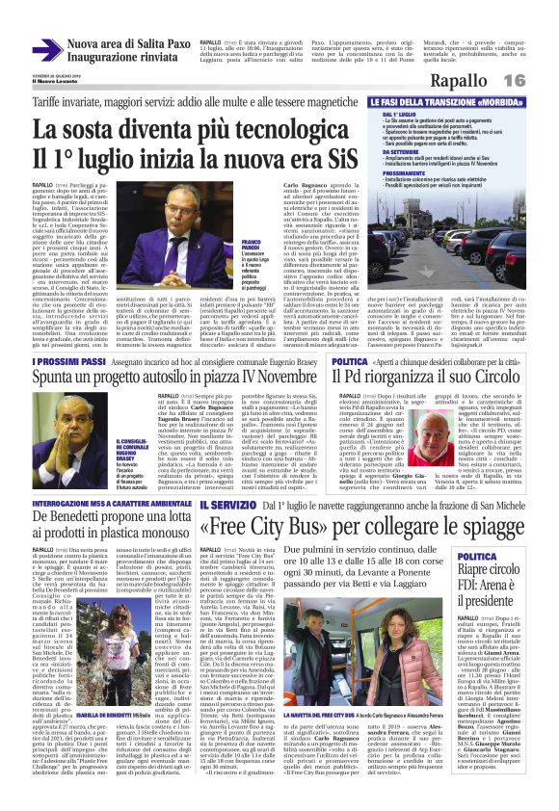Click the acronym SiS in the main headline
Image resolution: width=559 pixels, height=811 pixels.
tap(329, 156)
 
